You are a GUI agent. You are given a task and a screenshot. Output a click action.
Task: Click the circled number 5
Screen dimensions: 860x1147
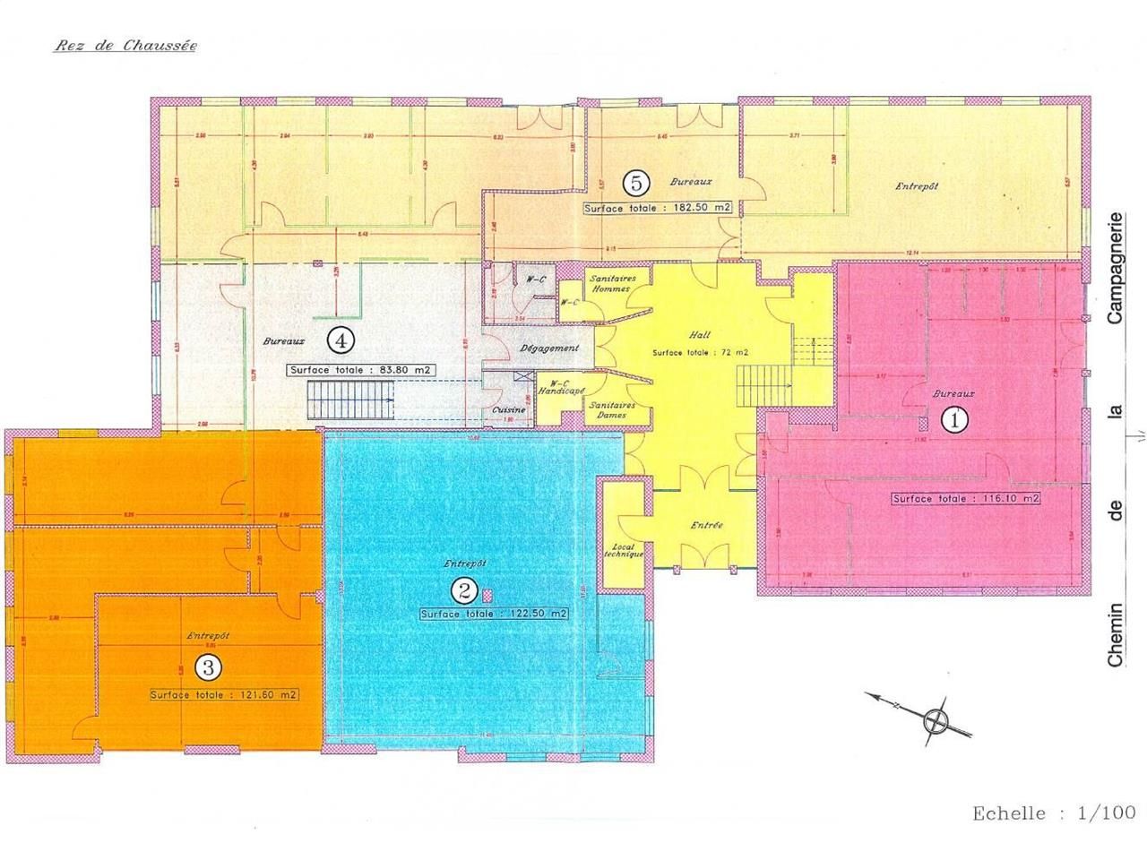(637, 184)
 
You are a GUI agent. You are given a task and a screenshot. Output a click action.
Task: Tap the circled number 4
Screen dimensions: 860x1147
(341, 340)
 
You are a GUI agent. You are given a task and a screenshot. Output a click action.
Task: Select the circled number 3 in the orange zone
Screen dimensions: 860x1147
(208, 666)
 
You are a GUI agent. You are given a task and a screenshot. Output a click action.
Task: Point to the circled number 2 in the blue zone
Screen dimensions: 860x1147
(464, 589)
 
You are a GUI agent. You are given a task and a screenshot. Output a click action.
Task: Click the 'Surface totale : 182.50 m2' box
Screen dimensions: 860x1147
(658, 208)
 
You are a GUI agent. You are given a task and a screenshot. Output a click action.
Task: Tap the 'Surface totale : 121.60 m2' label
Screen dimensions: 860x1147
(224, 694)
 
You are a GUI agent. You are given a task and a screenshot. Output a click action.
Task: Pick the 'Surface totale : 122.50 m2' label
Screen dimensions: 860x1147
(494, 615)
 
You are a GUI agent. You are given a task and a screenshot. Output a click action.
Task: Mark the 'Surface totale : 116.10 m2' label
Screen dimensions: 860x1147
(966, 498)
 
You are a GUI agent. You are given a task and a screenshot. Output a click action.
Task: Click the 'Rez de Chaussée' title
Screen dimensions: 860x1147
(125, 45)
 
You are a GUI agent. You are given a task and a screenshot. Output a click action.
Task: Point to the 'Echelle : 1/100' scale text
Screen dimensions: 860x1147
(1054, 813)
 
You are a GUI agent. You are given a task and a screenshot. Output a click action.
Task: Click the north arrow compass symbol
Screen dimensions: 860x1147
(936, 718)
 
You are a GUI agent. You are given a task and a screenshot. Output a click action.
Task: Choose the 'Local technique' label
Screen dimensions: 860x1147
(625, 549)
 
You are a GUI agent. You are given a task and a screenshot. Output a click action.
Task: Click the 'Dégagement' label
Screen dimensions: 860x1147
(549, 348)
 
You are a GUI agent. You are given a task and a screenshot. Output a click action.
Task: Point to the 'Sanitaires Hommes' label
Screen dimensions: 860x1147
(611, 283)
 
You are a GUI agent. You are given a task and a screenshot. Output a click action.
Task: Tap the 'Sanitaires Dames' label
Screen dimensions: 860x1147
(611, 409)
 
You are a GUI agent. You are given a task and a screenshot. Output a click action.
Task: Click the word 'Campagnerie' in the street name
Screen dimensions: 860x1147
(1116, 268)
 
